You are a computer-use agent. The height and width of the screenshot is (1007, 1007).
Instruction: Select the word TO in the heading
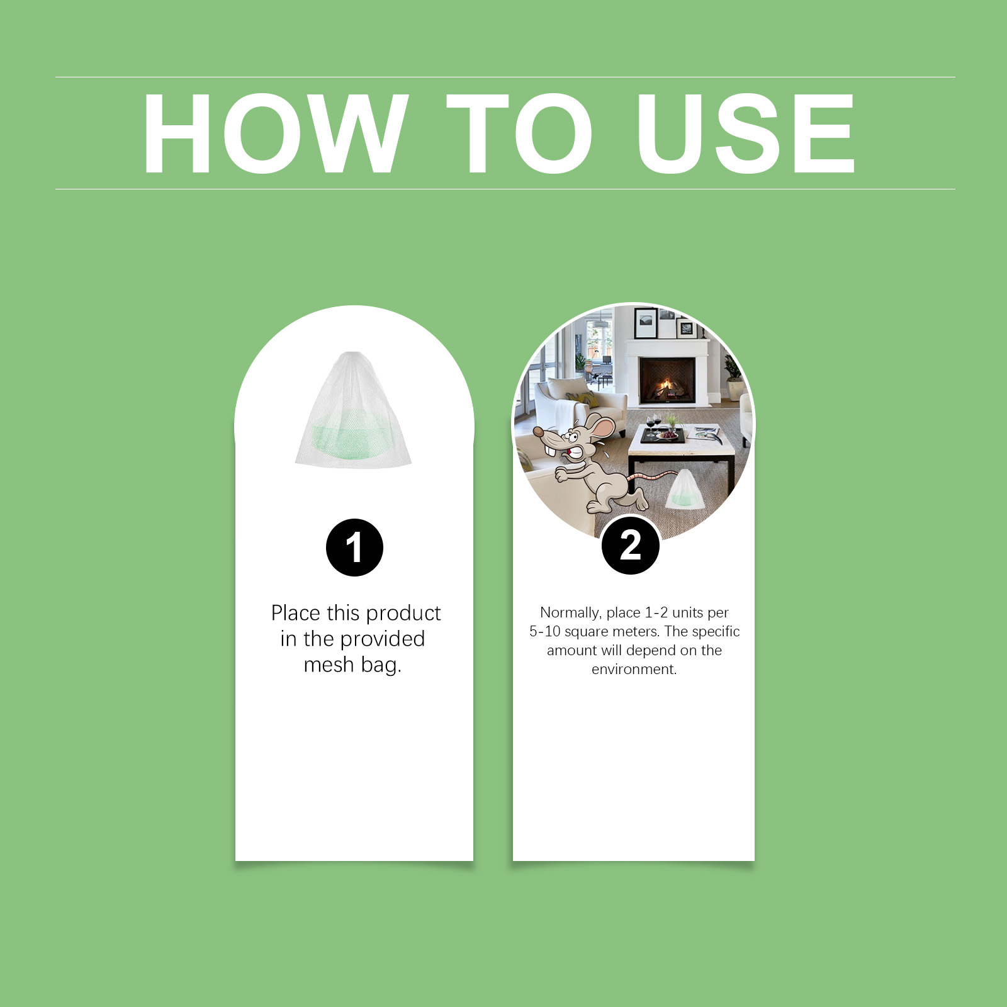(519, 133)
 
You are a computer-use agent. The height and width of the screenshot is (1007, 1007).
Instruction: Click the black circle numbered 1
(354, 548)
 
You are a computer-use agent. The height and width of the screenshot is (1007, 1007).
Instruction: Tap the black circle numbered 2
(631, 545)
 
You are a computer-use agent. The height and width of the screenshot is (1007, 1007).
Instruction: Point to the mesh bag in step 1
(353, 410)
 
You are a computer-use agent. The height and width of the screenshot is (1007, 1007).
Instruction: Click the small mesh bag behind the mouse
(685, 489)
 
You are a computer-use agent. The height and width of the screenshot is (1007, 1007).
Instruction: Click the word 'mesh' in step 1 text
(329, 665)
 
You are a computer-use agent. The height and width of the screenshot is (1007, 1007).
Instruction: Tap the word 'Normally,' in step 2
(570, 613)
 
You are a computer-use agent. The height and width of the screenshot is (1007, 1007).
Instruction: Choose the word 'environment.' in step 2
(634, 669)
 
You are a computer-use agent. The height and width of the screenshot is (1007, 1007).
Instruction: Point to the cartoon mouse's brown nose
(538, 432)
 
